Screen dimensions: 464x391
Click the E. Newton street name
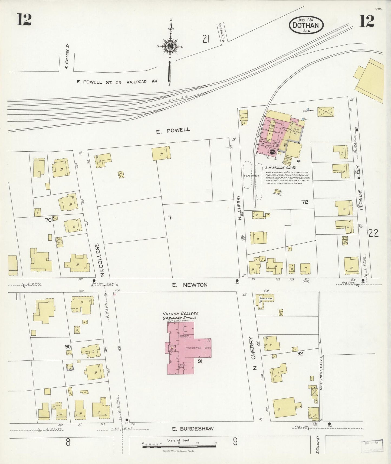190,285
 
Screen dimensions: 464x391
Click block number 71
170,217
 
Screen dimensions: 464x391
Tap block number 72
305,202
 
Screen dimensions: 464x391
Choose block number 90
68,347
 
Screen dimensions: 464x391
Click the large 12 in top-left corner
24,20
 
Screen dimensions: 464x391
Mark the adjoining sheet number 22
373,233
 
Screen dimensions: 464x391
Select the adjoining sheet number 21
206,40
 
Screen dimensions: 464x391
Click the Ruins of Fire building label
267,298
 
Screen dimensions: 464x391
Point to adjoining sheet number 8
68,442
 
